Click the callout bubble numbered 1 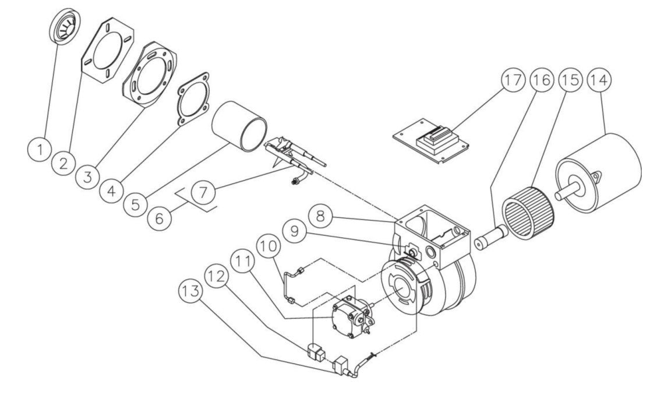(40, 150)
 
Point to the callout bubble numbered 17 (513, 81)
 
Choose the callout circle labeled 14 (600, 81)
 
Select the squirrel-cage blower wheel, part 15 (528, 210)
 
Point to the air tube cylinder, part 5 (239, 125)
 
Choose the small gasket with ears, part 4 (192, 100)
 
